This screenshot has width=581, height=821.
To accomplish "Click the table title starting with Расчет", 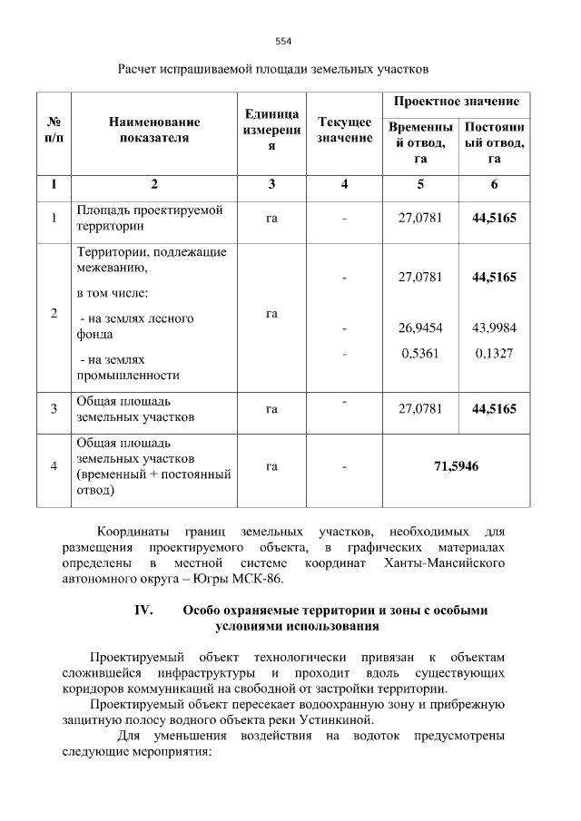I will tap(272, 69).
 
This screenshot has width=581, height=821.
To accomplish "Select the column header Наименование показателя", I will tap(153, 130).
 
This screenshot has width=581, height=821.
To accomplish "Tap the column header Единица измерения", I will tap(271, 130).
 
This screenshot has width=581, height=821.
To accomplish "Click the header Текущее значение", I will tap(344, 130).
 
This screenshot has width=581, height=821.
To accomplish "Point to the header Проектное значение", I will tap(456, 102).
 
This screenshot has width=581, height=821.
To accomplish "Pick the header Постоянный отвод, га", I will tap(494, 143).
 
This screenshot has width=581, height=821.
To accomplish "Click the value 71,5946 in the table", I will tap(457, 466).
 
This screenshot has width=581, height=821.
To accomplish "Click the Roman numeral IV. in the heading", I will tap(143, 611).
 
